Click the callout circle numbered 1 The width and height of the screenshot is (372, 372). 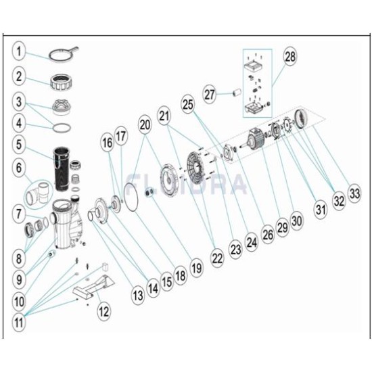tap(19, 51)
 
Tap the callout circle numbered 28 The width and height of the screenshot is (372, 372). tap(290, 57)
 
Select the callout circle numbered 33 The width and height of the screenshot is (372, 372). tap(354, 193)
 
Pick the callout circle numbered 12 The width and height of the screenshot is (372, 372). tap(104, 312)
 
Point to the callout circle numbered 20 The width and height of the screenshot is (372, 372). tap(145, 125)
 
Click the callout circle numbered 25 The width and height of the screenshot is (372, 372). tap(188, 104)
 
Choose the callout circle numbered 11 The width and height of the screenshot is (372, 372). tap(19, 322)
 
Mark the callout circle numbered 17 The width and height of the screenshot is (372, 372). tap(121, 136)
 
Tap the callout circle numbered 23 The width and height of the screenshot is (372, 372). tap(235, 250)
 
